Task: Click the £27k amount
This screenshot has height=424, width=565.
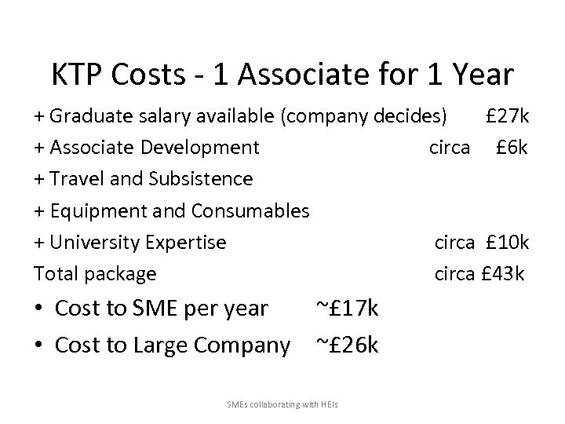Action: [508, 117]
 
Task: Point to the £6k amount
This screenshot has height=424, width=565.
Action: [513, 148]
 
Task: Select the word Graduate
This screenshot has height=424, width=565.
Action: [85, 117]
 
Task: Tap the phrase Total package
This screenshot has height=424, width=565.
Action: [95, 274]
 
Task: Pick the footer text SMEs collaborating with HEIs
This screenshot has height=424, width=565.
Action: [282, 404]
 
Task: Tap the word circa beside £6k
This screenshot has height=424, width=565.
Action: [450, 148]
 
